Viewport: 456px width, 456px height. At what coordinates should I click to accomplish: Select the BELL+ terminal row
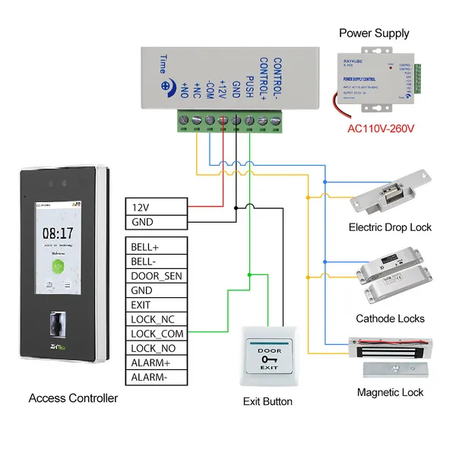point(155,246)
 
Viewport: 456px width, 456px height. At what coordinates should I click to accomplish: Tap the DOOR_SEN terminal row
point(155,276)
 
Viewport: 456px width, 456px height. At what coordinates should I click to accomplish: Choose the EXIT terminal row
point(155,305)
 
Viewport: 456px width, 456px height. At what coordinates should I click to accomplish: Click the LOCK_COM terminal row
point(155,334)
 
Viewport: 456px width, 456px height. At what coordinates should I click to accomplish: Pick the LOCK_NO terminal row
point(155,348)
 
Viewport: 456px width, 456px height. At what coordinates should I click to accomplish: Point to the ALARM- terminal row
point(155,377)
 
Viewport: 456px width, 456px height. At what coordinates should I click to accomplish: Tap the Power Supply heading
point(374,33)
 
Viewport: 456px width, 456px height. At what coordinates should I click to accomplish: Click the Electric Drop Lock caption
point(390,227)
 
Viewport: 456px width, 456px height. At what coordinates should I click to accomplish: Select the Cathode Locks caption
point(390,318)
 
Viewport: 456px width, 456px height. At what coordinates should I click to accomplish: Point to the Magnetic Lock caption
point(390,392)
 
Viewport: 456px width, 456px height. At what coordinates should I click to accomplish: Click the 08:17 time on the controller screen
point(58,234)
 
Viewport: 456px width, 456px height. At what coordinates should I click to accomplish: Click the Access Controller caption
point(73,398)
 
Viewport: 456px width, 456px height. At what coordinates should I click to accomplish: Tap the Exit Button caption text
point(268,401)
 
